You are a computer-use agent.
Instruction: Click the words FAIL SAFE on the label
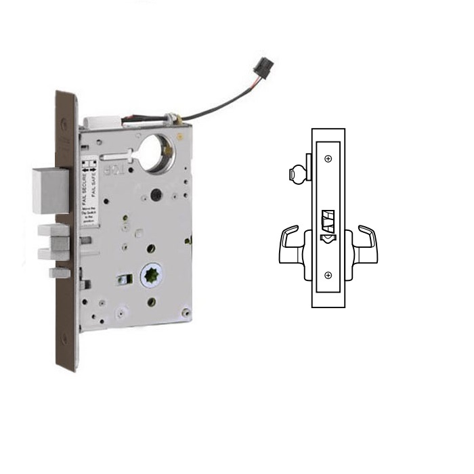click(94, 181)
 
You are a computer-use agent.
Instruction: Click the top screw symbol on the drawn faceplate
click(328, 159)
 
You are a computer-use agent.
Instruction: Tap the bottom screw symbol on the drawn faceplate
click(328, 275)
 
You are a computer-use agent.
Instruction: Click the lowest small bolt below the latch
click(58, 274)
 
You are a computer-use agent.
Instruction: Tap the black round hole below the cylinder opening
click(158, 196)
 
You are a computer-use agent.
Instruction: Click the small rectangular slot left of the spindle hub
click(123, 279)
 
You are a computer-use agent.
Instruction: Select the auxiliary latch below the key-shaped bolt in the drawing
click(327, 238)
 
